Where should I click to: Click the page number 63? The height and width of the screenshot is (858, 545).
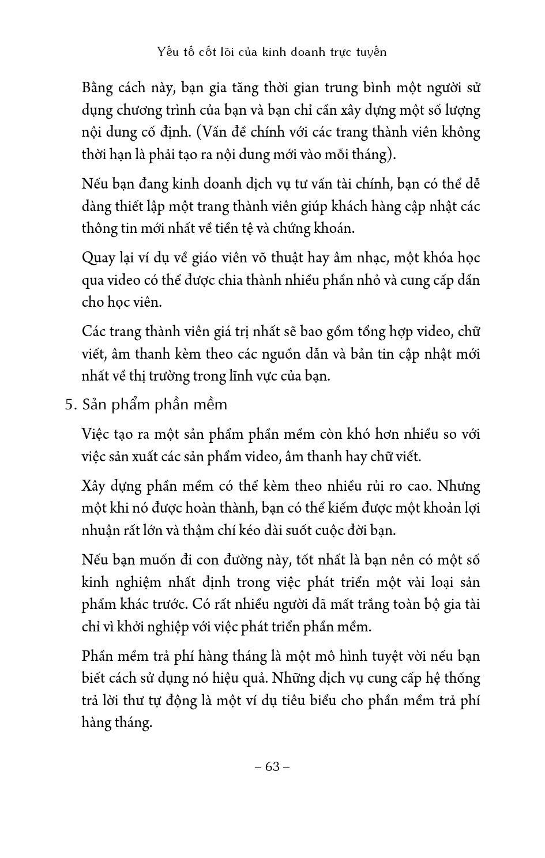tap(272, 766)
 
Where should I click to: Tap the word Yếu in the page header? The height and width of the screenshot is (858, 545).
tap(168, 52)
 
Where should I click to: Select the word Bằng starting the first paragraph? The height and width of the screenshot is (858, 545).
tap(99, 88)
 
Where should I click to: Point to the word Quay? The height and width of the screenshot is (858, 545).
tap(99, 258)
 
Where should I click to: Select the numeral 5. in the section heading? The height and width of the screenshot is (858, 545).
tap(71, 405)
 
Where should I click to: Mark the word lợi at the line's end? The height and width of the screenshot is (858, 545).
tap(471, 508)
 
